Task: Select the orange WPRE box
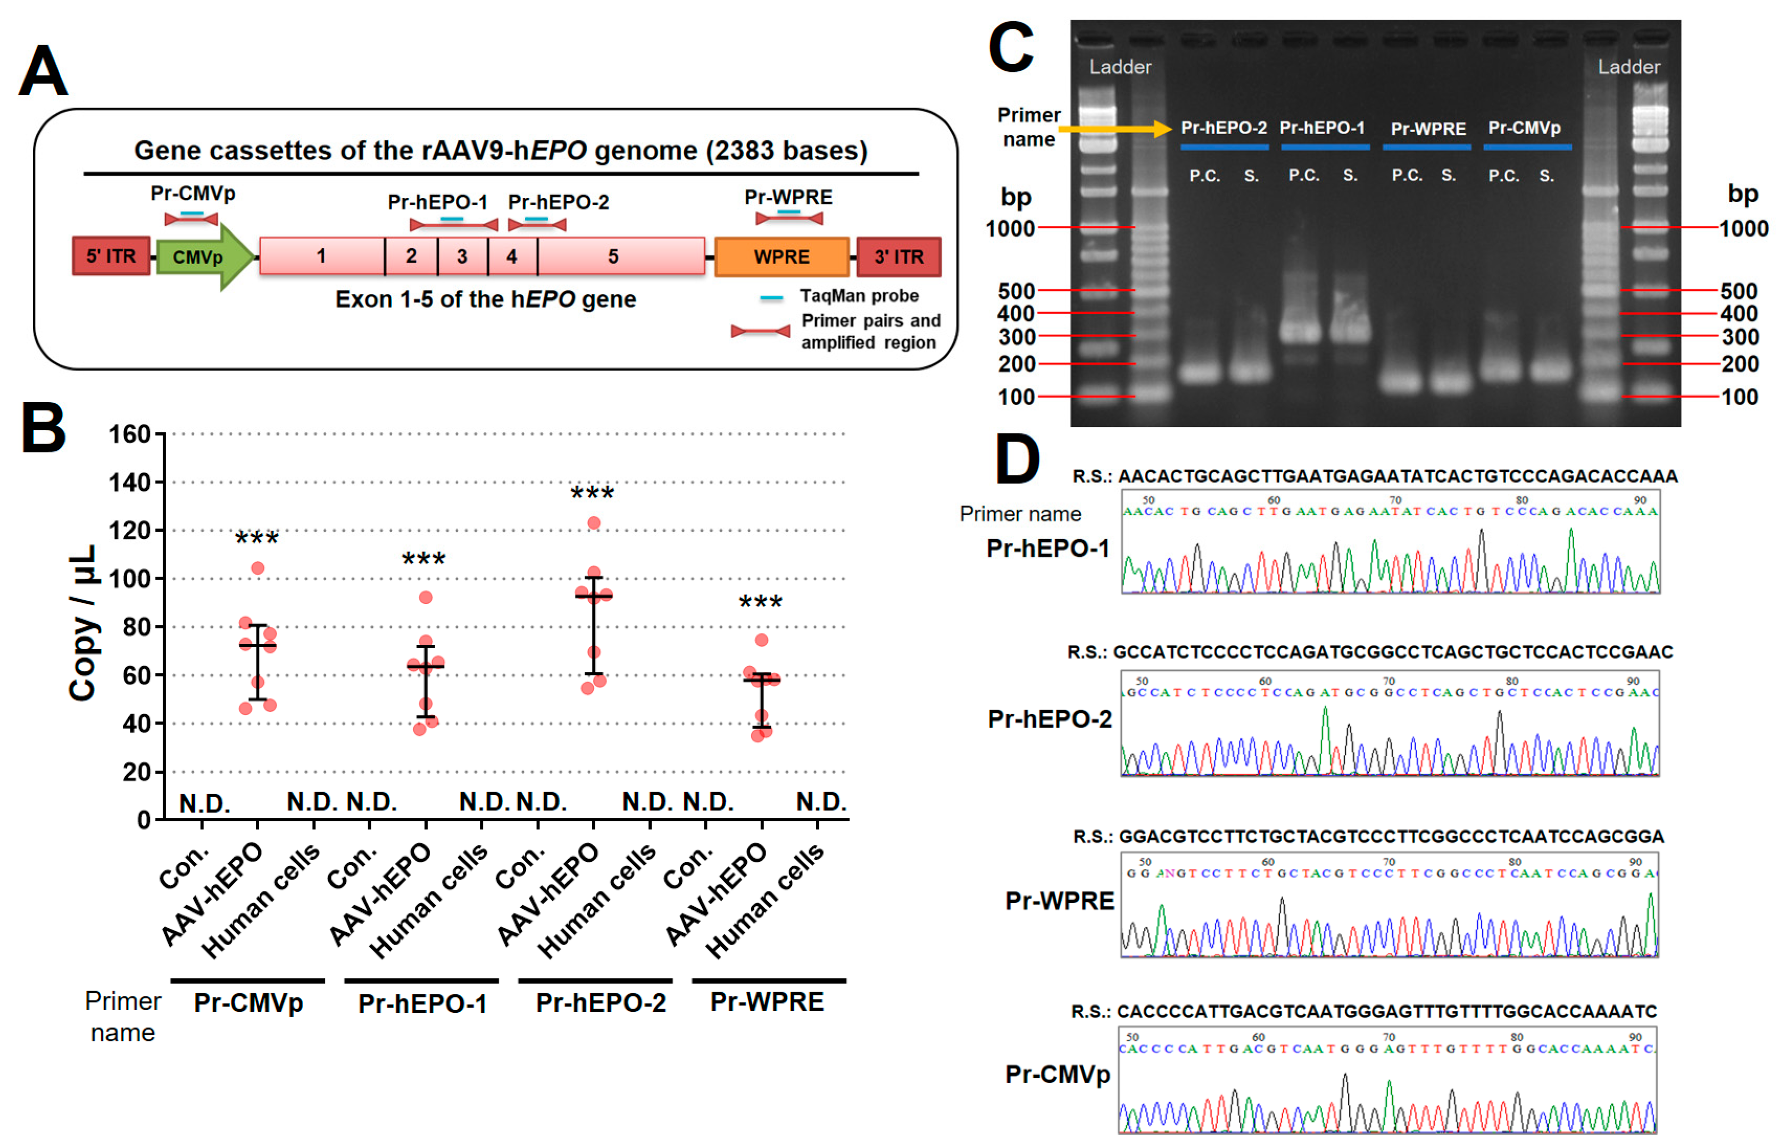click(781, 256)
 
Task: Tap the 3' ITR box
click(898, 256)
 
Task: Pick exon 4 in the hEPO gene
click(512, 256)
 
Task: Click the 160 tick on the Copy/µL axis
click(130, 434)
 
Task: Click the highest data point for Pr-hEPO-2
click(594, 523)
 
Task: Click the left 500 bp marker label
click(1016, 291)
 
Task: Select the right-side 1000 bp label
click(1743, 228)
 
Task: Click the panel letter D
click(1017, 460)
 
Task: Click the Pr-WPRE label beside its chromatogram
click(1059, 901)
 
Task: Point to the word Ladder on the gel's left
click(1119, 67)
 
